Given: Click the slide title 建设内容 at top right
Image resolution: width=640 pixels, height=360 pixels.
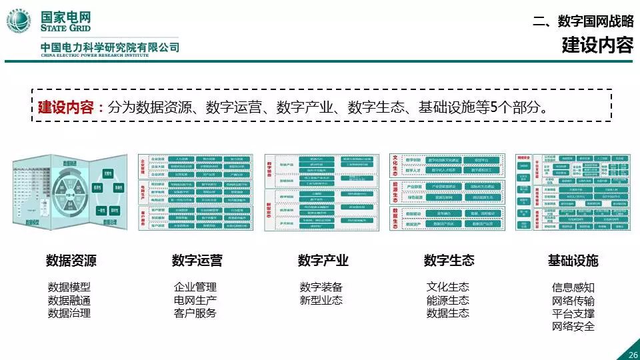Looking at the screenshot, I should tap(597, 46).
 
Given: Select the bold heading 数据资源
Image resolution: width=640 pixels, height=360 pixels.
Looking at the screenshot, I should tap(71, 261).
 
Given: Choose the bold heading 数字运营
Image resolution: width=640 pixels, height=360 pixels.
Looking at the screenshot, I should tap(197, 261).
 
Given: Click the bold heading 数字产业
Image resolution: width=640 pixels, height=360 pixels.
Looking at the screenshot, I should tap(323, 261).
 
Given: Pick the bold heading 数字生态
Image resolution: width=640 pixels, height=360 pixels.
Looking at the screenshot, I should tap(449, 261).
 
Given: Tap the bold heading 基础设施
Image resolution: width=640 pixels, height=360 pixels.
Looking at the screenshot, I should tap(573, 261).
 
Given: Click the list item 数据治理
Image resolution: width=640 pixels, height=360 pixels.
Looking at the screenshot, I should tap(69, 313).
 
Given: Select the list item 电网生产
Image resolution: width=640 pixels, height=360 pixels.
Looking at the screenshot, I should tap(195, 300).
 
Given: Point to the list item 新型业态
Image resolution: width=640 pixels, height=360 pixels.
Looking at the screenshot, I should tap(321, 300).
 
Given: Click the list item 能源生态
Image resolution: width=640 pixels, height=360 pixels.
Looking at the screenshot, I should tap(448, 300).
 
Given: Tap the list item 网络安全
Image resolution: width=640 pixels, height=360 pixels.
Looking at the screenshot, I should tap(573, 326).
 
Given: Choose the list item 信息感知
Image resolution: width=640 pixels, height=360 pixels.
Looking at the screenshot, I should tap(573, 287).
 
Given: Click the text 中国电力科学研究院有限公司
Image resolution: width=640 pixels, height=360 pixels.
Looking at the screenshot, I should tap(110, 48).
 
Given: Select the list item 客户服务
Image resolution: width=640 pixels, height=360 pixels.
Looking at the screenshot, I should tap(195, 313).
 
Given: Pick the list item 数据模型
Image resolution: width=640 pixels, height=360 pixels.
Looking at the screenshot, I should tap(69, 287).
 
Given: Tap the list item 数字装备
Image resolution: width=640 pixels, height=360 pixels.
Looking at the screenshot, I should tap(321, 287).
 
